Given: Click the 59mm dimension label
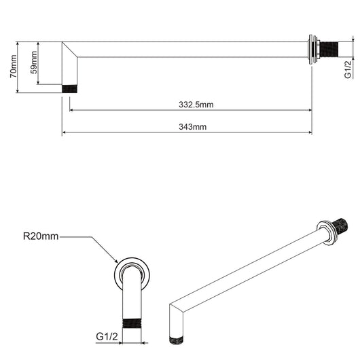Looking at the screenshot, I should (33, 66).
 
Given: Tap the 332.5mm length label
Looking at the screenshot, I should (196, 105).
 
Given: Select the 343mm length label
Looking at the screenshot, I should (193, 126).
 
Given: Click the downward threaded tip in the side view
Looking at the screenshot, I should (69, 88).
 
